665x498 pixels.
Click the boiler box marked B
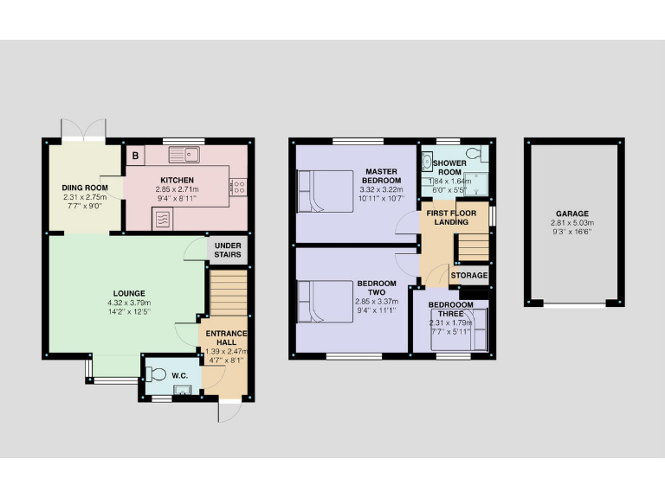[135, 156]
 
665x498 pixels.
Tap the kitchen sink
[185, 156]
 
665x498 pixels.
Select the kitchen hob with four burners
[238, 185]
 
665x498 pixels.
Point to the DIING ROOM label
[85, 188]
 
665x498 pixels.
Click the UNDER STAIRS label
[229, 251]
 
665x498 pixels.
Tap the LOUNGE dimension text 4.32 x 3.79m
[128, 303]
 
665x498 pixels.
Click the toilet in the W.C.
[155, 374]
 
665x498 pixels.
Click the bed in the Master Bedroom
[320, 184]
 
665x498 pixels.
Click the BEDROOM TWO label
[377, 289]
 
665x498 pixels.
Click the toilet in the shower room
[473, 155]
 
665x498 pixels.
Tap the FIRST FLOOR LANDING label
[452, 217]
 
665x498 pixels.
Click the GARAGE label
[572, 213]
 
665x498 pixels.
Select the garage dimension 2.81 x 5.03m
[572, 222]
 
